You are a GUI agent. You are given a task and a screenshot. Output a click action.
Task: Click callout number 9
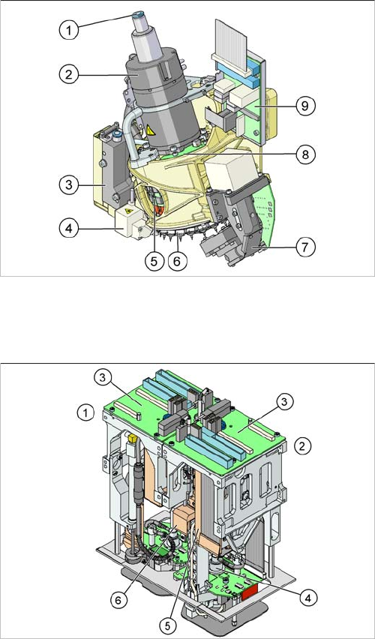coord(306,106)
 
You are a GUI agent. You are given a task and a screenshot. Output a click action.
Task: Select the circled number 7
coord(306,247)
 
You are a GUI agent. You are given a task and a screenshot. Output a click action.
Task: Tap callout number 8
coord(306,154)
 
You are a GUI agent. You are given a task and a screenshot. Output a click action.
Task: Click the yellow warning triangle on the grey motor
coord(151,130)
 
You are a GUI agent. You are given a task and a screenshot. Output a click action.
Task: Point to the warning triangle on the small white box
coord(129,211)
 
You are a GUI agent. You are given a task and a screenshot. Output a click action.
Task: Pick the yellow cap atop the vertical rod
coord(131,439)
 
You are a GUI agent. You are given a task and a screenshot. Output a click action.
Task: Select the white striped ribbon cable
coord(231,44)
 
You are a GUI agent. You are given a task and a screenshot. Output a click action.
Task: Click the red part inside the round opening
coord(158,210)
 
